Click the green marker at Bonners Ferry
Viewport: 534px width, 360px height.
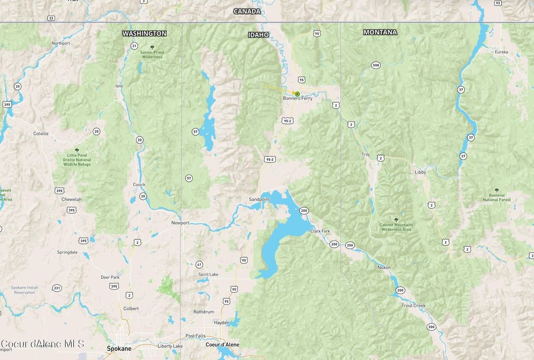297,94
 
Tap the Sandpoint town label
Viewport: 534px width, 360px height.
259,199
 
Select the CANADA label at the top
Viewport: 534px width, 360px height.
247,11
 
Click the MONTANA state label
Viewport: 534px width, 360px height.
380,32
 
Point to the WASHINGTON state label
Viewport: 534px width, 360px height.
144,33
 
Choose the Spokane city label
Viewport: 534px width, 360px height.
119,348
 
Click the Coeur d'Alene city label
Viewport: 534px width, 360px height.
222,344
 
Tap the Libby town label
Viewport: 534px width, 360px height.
420,172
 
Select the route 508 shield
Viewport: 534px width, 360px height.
375,65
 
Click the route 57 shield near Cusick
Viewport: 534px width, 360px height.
189,178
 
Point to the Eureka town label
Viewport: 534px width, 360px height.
501,52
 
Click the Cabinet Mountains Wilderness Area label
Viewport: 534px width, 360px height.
396,227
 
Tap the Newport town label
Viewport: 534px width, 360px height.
180,223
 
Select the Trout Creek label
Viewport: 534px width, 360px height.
413,305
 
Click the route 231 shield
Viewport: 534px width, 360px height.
57,288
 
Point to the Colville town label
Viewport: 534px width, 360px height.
41,134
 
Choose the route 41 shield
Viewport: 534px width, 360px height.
199,265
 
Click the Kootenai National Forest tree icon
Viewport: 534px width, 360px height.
496,190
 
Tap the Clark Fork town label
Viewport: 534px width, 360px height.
321,231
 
